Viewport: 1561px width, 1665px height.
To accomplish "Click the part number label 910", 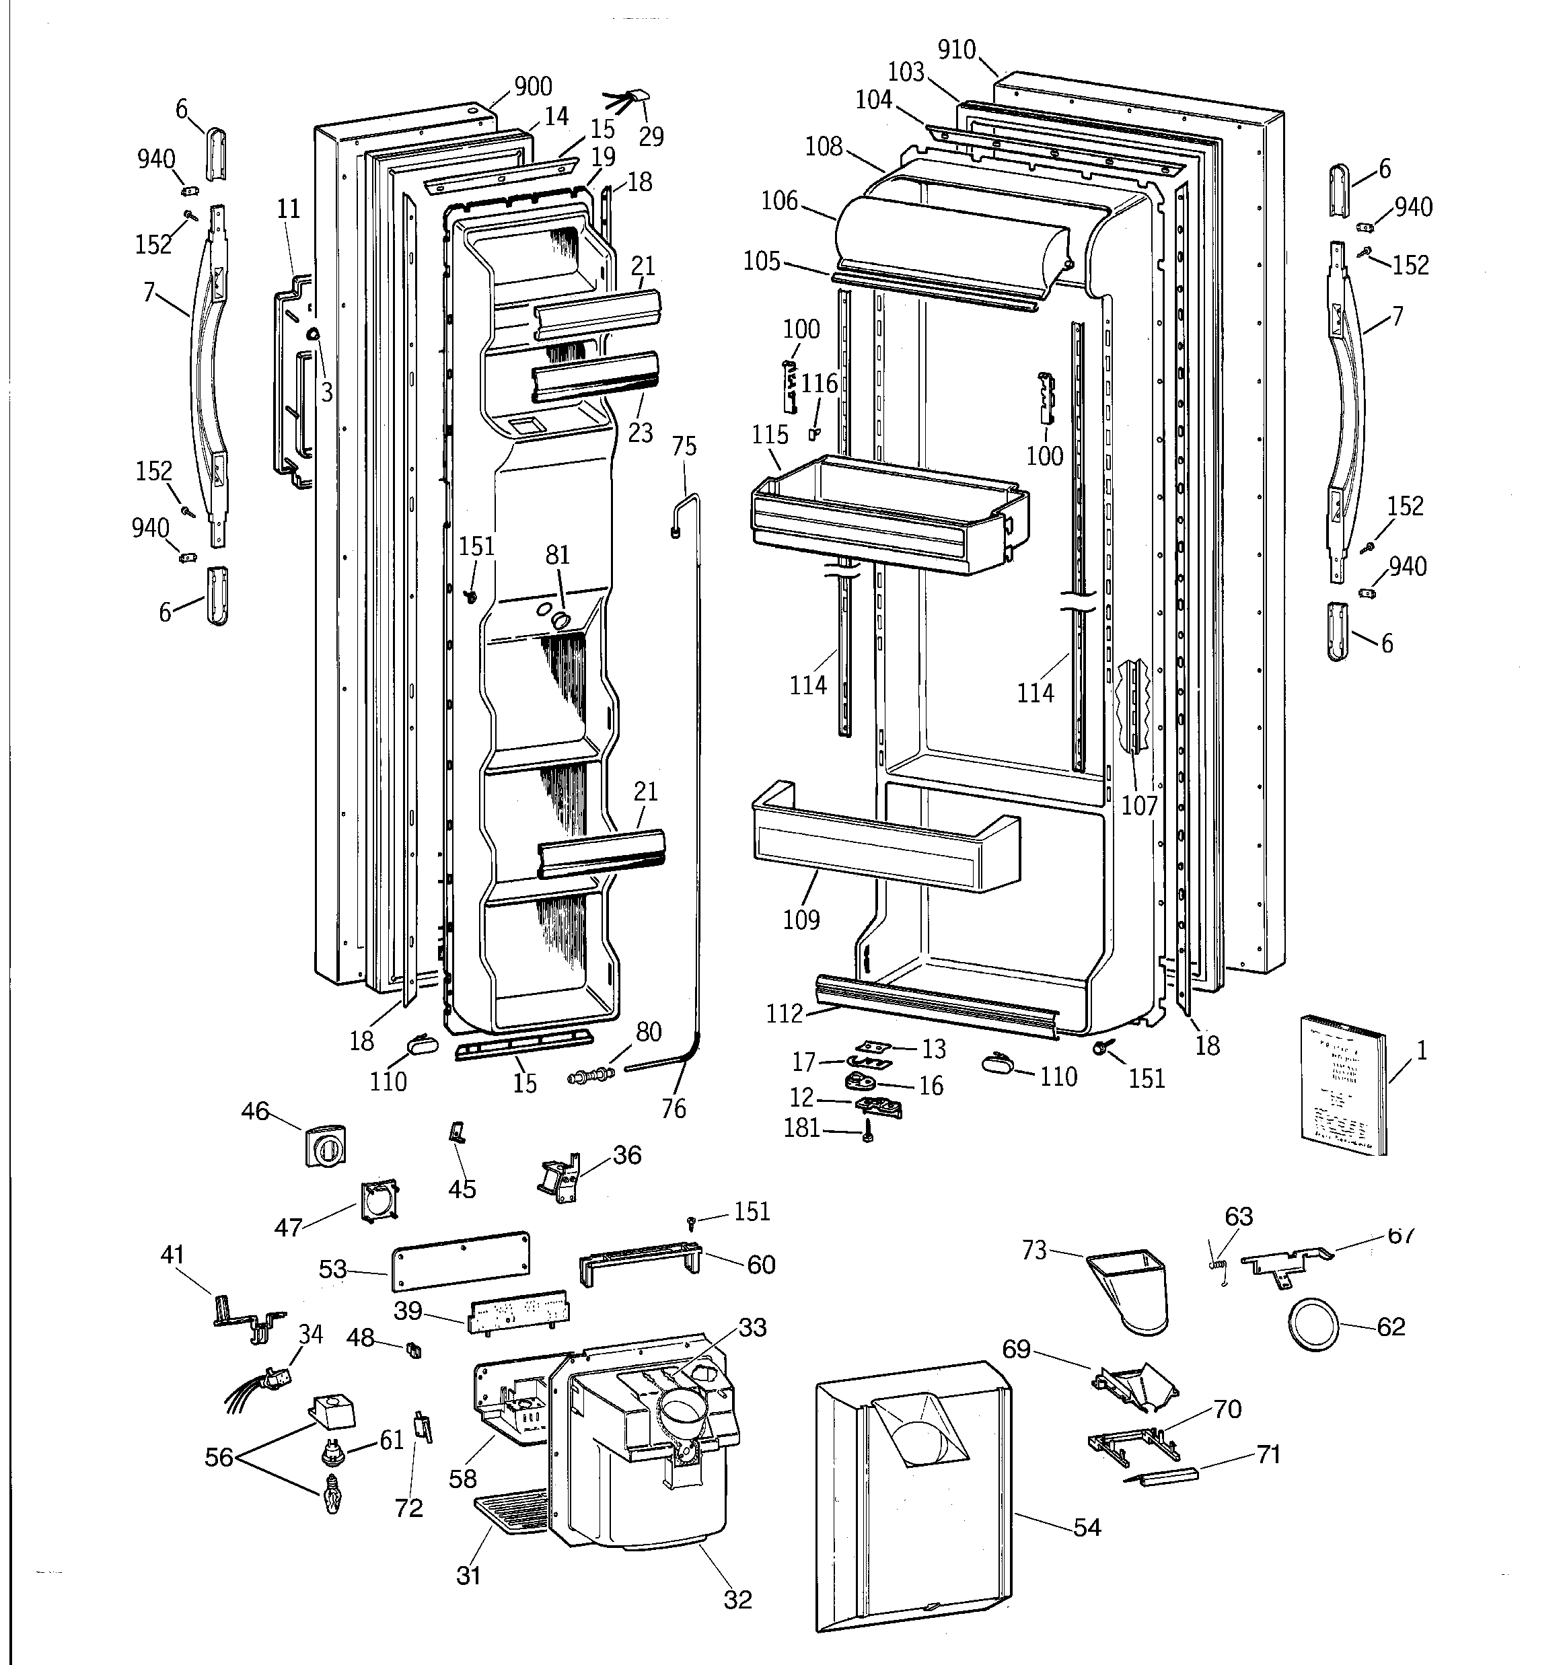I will pyautogui.click(x=956, y=50).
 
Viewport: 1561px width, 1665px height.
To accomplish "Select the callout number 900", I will pyautogui.click(x=533, y=86).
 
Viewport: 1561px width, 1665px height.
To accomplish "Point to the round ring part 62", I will pyautogui.click(x=1311, y=1324).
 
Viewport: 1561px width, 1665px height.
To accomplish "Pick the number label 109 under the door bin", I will pyautogui.click(x=801, y=920).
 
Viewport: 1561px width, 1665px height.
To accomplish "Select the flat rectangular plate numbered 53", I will pyautogui.click(x=460, y=1261).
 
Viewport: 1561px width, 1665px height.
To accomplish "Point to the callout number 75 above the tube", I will pyautogui.click(x=684, y=447).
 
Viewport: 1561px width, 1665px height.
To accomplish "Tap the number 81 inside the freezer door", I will pyautogui.click(x=557, y=555).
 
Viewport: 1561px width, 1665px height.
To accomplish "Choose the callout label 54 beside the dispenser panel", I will pyautogui.click(x=1087, y=1528).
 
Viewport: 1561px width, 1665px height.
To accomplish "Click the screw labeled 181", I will pyautogui.click(x=868, y=1136).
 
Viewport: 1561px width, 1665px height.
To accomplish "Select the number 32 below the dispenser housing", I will pyautogui.click(x=737, y=1600).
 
